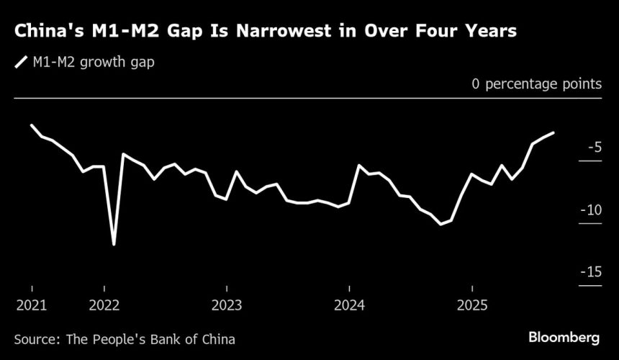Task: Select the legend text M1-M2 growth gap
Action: pyautogui.click(x=94, y=63)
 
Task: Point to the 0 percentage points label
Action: pyautogui.click(x=536, y=84)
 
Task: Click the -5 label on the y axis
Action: pyautogui.click(x=593, y=148)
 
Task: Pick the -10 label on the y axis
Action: pyautogui.click(x=589, y=210)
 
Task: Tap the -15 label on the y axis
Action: pyautogui.click(x=589, y=272)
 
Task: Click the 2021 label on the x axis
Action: pyautogui.click(x=32, y=305)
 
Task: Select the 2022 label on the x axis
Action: pyautogui.click(x=105, y=305)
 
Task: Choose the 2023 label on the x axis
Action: pyautogui.click(x=227, y=305)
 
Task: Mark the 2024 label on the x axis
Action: pyautogui.click(x=350, y=305)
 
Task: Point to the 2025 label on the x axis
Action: pyautogui.click(x=472, y=305)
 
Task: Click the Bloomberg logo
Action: pyautogui.click(x=564, y=337)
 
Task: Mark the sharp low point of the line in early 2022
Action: pyautogui.click(x=114, y=245)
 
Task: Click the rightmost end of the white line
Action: pyautogui.click(x=553, y=133)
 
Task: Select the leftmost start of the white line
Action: pyautogui.click(x=32, y=125)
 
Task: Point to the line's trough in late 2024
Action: pyautogui.click(x=440, y=225)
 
